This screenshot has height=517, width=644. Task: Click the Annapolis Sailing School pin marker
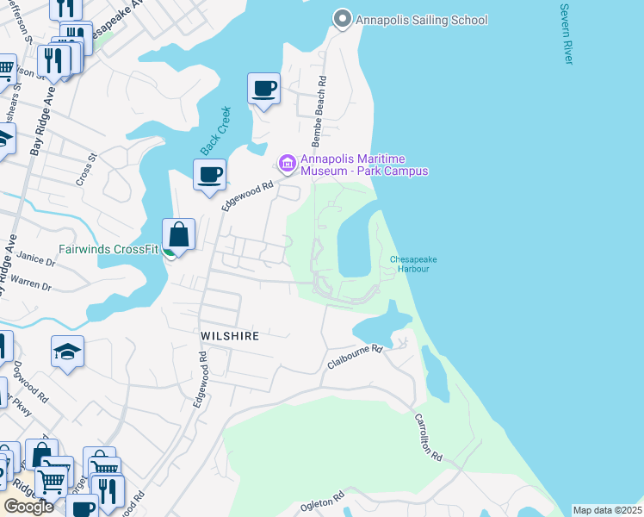pyautogui.click(x=342, y=18)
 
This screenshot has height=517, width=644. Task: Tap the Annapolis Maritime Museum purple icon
pyautogui.click(x=287, y=163)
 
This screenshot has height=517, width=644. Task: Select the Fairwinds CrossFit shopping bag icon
pyautogui.click(x=178, y=234)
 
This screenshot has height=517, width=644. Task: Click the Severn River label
pyautogui.click(x=566, y=34)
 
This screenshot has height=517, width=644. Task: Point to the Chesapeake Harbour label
pyautogui.click(x=409, y=264)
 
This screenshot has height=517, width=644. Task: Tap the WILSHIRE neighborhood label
pyautogui.click(x=229, y=336)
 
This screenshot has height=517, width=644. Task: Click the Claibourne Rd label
pyautogui.click(x=354, y=357)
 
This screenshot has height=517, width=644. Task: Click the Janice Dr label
pyautogui.click(x=35, y=258)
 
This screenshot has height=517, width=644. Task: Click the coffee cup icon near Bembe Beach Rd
pyautogui.click(x=264, y=88)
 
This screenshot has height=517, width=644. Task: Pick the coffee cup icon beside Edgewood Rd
pyautogui.click(x=208, y=175)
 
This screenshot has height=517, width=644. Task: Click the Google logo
pyautogui.click(x=28, y=507)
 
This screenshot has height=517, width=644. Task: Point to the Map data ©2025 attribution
pyautogui.click(x=607, y=510)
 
